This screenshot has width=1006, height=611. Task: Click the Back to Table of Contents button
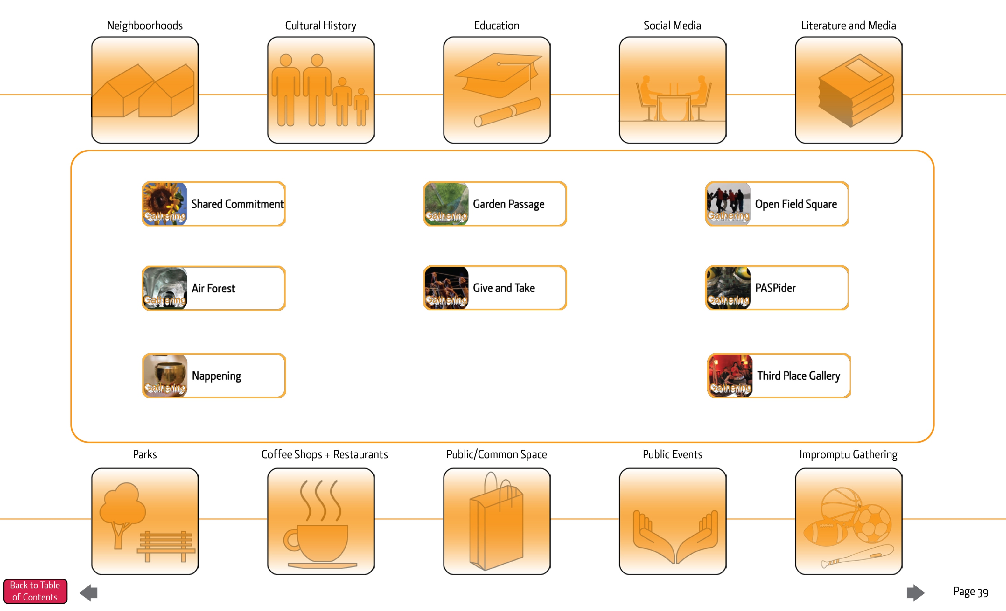click(35, 591)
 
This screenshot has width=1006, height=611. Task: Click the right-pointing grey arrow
click(915, 593)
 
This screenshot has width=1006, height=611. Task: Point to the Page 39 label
click(970, 592)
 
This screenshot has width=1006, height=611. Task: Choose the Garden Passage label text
click(508, 204)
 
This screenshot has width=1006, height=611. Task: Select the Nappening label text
click(216, 376)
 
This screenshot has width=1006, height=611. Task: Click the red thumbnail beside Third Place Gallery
click(730, 375)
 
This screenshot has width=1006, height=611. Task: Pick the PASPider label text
click(775, 288)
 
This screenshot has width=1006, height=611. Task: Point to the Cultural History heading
click(320, 25)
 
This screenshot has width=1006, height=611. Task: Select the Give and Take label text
click(503, 288)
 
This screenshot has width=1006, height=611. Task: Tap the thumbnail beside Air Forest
click(165, 288)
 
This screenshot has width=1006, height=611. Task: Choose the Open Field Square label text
click(795, 204)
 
